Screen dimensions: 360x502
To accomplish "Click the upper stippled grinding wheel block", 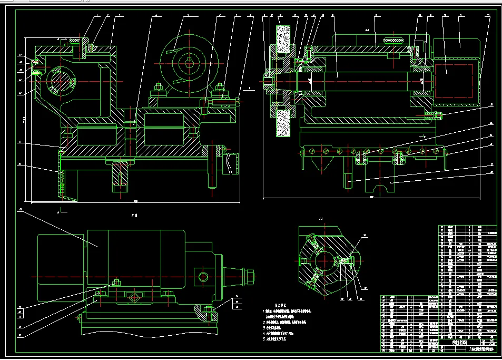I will coord(284,39).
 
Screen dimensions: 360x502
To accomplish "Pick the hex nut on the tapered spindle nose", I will coord(249,276).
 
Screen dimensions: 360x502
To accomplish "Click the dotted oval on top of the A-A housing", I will coord(393,40).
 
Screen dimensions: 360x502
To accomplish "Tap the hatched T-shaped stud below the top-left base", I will coord(120,176).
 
